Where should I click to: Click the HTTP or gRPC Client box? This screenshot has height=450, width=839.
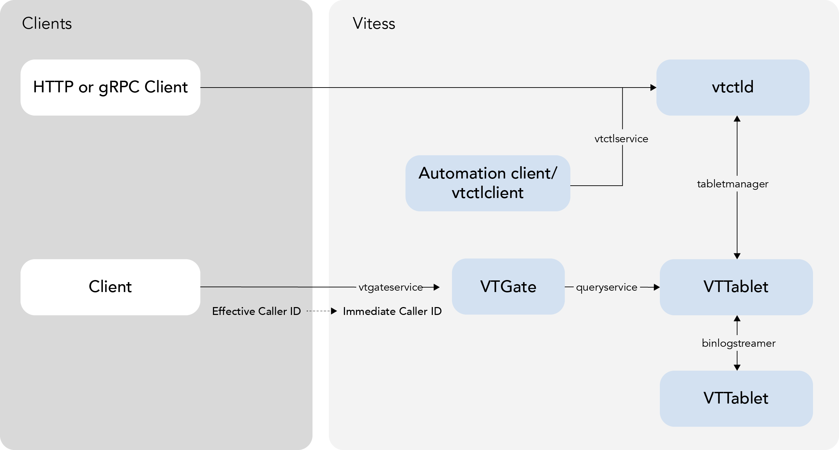[x=110, y=87]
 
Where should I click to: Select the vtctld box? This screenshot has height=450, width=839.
[x=733, y=87]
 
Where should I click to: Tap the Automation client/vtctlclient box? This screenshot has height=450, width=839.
[x=488, y=183]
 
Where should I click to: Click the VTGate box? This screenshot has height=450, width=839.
[x=508, y=287]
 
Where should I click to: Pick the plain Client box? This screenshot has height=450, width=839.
[x=110, y=287]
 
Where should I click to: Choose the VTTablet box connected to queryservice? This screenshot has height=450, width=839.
[x=736, y=287]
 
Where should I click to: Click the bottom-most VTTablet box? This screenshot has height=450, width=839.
[x=736, y=398]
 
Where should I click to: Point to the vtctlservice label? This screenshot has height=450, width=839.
[x=621, y=139]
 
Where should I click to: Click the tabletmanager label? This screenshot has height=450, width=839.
[x=733, y=184]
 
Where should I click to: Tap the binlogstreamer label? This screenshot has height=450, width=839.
[x=738, y=343]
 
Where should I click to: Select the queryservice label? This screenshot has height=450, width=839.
[x=607, y=287]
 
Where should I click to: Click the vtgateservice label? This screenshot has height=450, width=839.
[x=391, y=287]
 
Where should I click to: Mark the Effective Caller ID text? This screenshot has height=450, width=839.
[x=256, y=311]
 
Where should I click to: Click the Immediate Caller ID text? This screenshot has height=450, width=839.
[x=392, y=311]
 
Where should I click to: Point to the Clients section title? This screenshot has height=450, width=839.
[x=47, y=24]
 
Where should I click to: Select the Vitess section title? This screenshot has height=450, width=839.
[x=374, y=24]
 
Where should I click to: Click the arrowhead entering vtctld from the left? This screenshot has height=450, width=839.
[x=653, y=88]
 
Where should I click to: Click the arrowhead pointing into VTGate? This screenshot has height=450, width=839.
[x=436, y=287]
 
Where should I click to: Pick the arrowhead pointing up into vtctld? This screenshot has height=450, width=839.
[x=737, y=119]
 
